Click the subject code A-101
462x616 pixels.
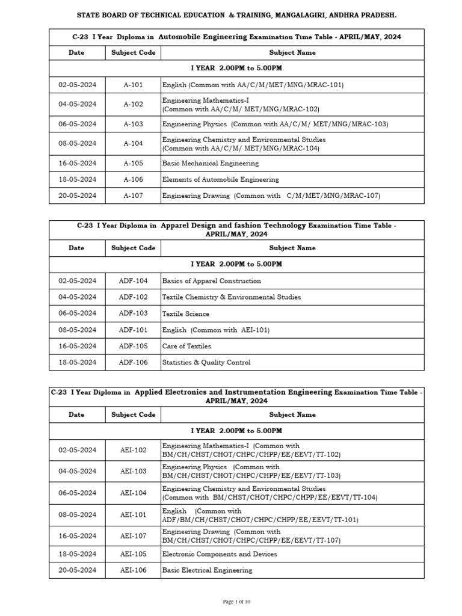coord(134,85)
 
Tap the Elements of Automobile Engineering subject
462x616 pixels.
coord(221,179)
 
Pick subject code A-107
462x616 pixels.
coord(134,196)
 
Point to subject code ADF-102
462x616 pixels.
coord(134,297)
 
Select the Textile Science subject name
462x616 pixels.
coord(186,313)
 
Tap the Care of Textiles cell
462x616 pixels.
coord(186,346)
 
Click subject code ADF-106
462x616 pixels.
coord(134,362)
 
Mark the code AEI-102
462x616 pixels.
coord(134,450)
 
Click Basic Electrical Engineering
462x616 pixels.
coord(208,570)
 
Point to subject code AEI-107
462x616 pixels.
coord(134,536)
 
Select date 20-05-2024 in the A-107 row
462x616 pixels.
coord(77,196)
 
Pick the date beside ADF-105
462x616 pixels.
coord(77,346)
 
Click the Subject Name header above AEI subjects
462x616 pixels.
coord(292,414)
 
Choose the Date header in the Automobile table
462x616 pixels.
coord(77,52)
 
